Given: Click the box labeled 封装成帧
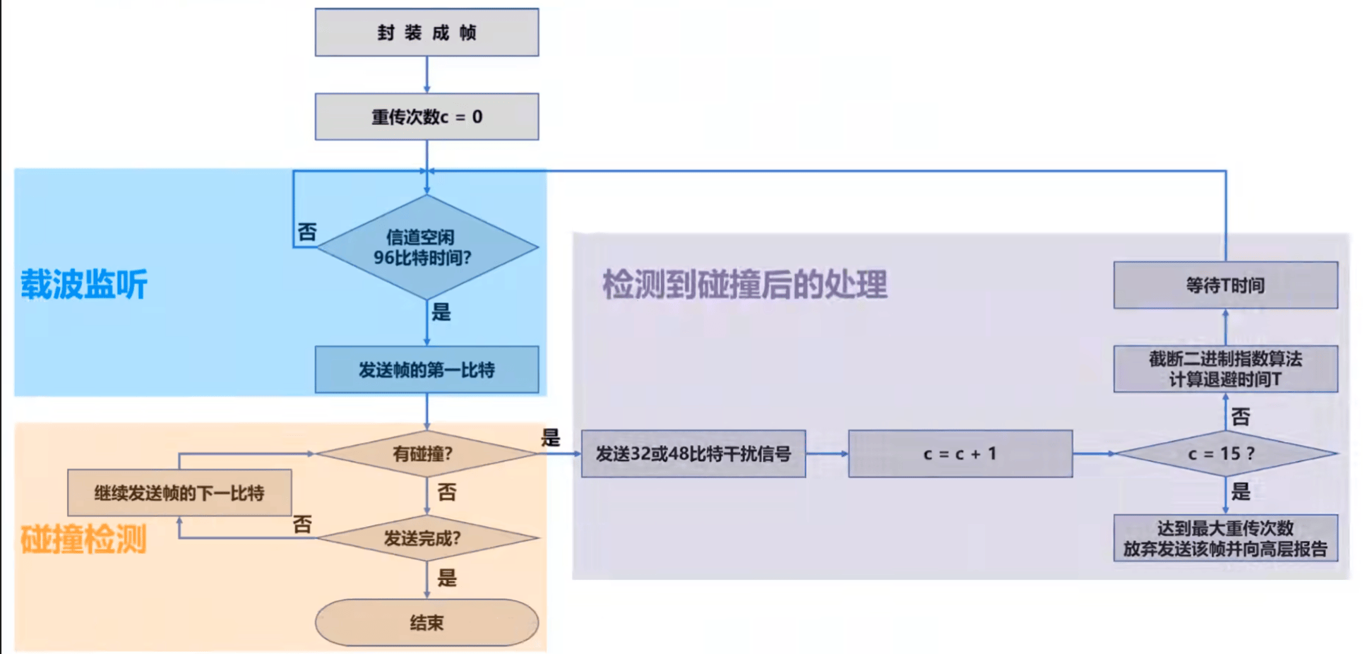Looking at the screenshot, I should pos(426,32).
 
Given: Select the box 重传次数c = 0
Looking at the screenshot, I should pos(426,117).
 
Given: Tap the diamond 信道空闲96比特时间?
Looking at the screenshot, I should pos(426,247).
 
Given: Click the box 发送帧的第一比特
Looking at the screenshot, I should pos(426,369).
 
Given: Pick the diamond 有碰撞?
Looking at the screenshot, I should pos(426,453).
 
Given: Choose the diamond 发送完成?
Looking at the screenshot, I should pos(426,538).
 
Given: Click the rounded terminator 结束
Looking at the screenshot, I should pos(426,622).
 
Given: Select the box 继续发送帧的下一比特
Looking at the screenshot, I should pos(179,493).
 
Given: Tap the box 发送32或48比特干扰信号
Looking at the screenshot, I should pos(693,453).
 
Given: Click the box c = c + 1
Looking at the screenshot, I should pos(960,453).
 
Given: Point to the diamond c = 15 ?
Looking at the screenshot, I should pos(1225,453).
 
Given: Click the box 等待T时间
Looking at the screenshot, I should pos(1225,285).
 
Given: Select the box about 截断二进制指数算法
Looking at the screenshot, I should pos(1225,369).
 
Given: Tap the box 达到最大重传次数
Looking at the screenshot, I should pos(1225,538).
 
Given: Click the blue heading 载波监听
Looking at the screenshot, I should pos(84,285).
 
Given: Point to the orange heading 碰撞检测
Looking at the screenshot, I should pos(84,540).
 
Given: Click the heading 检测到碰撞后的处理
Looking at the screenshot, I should pos(744,285).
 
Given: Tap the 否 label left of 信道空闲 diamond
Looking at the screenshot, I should pos(307,232).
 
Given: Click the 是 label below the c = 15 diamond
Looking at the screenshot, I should pos(1241,492).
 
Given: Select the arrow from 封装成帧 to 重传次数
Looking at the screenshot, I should pos(426,75).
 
